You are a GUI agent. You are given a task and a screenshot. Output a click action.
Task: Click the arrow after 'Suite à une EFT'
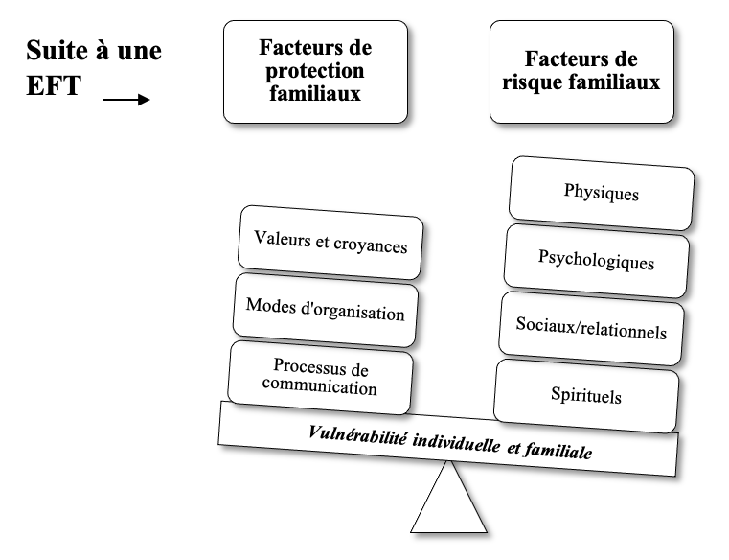click(126, 100)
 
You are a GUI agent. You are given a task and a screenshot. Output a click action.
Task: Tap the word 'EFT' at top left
click(54, 85)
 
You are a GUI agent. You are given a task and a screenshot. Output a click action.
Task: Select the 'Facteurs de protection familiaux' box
click(316, 72)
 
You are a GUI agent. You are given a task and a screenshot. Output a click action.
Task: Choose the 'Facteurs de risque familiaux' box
click(581, 72)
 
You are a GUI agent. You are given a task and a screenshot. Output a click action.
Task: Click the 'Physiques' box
click(602, 193)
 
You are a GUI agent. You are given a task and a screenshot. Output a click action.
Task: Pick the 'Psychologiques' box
click(597, 261)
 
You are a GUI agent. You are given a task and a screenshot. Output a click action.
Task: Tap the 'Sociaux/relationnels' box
click(591, 328)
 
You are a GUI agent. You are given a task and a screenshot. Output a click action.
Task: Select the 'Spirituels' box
click(586, 396)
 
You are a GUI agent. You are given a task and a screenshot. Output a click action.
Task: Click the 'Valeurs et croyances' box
click(330, 243)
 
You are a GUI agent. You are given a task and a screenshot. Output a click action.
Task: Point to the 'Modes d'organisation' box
click(326, 310)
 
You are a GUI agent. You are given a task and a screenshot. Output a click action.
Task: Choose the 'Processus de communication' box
click(320, 378)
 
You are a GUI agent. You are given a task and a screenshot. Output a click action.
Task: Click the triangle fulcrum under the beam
click(448, 497)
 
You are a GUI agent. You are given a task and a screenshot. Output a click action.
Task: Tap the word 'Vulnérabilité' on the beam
click(357, 435)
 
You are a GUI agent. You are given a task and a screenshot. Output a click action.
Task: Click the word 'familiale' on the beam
click(558, 451)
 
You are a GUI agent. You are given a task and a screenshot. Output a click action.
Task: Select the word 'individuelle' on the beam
click(457, 443)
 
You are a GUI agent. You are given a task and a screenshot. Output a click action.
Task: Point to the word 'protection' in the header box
click(315, 71)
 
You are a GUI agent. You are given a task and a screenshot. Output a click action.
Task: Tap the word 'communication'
click(319, 386)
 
